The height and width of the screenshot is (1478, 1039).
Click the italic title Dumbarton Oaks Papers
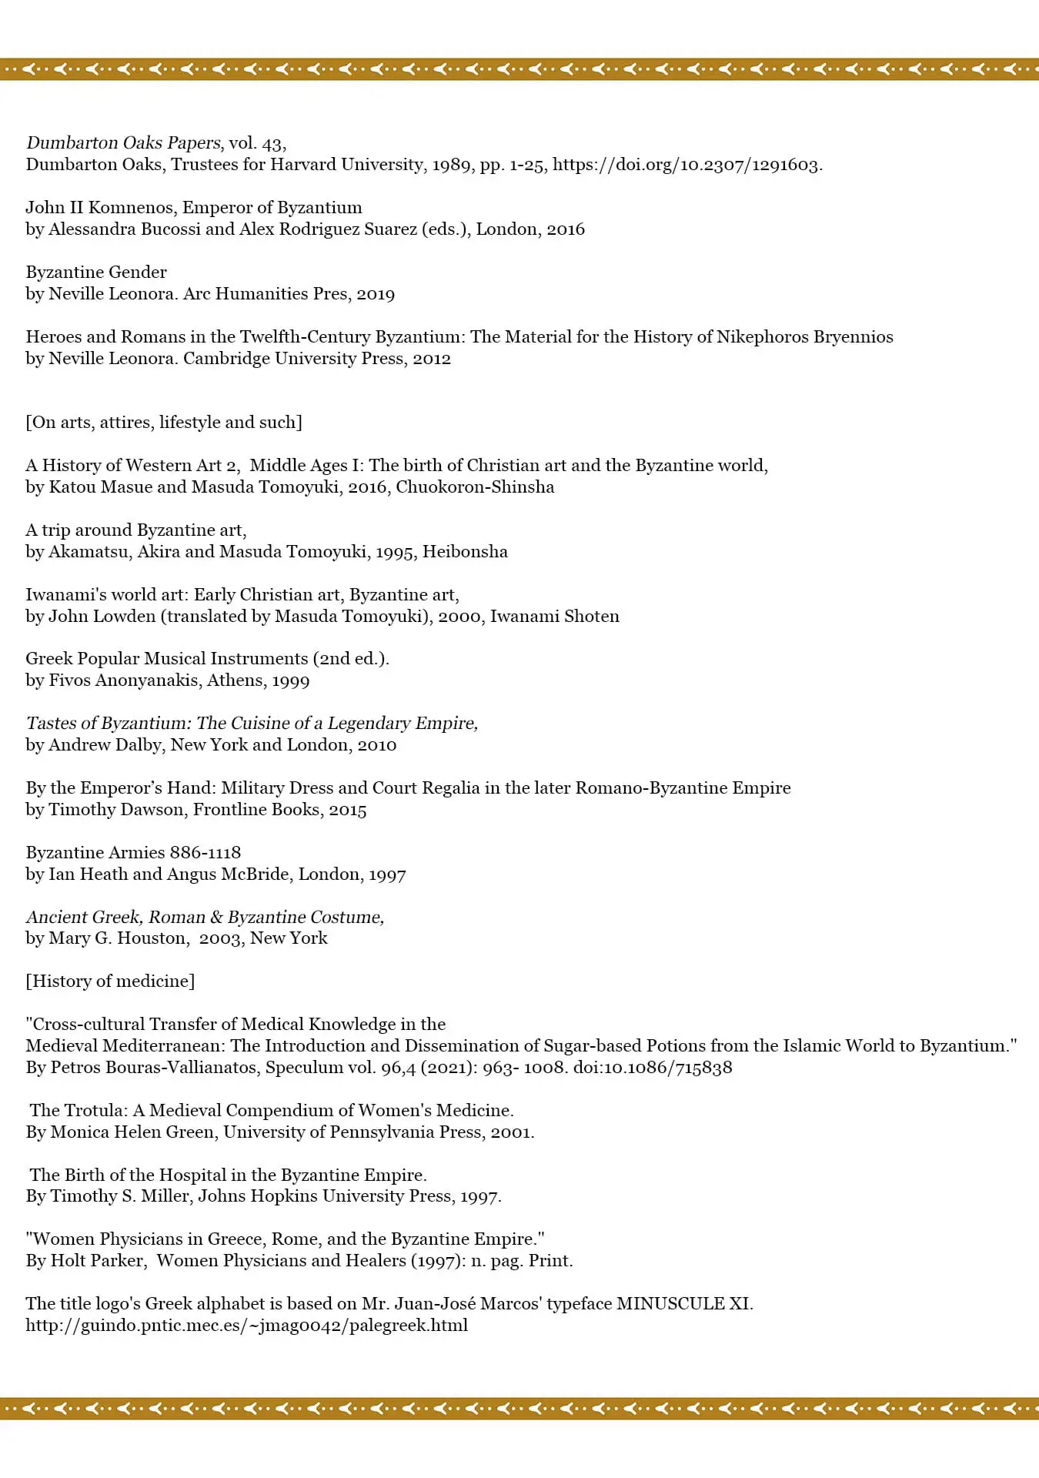click(x=123, y=143)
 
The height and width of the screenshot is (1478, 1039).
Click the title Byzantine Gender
click(x=96, y=273)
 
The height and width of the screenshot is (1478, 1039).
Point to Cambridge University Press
click(x=293, y=359)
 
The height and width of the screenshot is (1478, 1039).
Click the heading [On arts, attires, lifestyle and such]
click(x=164, y=423)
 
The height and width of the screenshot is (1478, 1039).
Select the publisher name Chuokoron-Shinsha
click(x=475, y=487)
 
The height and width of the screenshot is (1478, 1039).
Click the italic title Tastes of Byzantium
click(x=107, y=724)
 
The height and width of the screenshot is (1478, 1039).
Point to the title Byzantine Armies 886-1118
click(x=133, y=853)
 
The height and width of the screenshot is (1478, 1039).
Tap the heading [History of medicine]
click(x=110, y=981)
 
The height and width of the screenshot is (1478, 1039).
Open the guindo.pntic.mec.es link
click(x=246, y=1326)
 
